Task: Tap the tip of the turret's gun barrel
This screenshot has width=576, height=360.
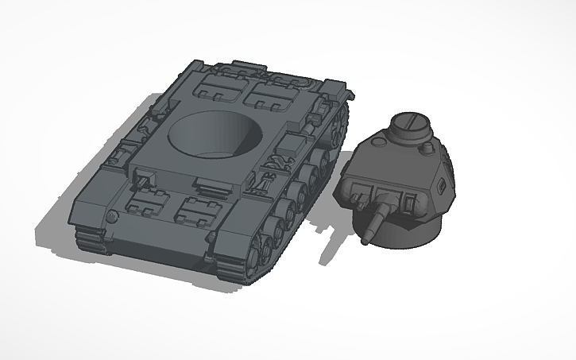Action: click(x=369, y=238)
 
